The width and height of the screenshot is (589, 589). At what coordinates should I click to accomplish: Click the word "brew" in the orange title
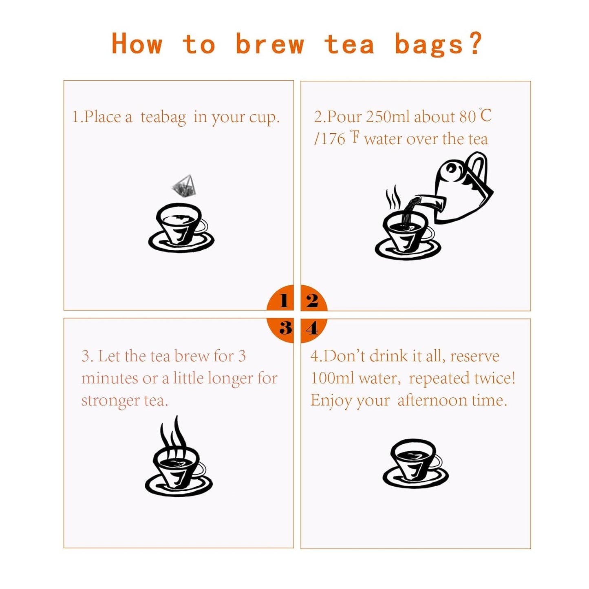point(270,44)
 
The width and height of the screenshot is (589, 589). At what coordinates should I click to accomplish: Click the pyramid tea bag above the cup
point(184,186)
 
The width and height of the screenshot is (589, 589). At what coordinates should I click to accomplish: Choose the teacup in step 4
point(415,464)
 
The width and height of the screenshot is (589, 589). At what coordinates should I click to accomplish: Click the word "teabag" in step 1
point(163,117)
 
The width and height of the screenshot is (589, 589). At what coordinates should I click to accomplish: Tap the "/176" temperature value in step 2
point(330,139)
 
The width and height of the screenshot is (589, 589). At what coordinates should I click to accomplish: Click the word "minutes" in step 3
point(110,378)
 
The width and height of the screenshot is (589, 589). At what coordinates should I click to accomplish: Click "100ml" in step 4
point(332,378)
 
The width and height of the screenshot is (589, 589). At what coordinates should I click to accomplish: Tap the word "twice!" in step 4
point(494,378)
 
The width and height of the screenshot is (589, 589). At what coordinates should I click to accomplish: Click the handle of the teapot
point(477,171)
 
